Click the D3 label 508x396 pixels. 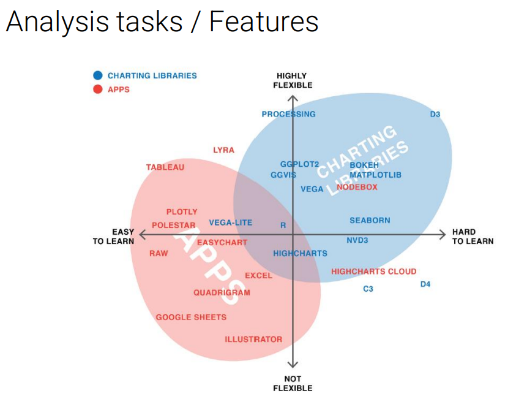coord(435,114)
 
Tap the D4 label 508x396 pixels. coord(425,284)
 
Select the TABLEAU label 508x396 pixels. coord(165,167)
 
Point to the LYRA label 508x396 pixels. coord(223,150)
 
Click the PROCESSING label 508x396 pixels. coord(288,114)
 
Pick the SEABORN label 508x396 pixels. coord(370,220)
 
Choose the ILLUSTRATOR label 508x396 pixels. coord(253,339)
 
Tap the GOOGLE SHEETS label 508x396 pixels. coord(191,317)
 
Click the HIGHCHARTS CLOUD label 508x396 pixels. coord(373,271)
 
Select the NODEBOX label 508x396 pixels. coord(357,187)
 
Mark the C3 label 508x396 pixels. coord(368,289)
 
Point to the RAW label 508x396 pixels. coord(159,253)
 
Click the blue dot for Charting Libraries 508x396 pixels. coord(97,75)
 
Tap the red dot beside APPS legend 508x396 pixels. coord(97,89)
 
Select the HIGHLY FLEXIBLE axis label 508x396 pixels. coord(293,80)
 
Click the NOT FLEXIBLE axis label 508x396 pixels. coord(293,383)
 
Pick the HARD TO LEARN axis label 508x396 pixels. coord(473,237)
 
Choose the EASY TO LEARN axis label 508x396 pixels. coord(113,237)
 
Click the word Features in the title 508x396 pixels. coord(264,21)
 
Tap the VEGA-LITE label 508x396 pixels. coord(230,223)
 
